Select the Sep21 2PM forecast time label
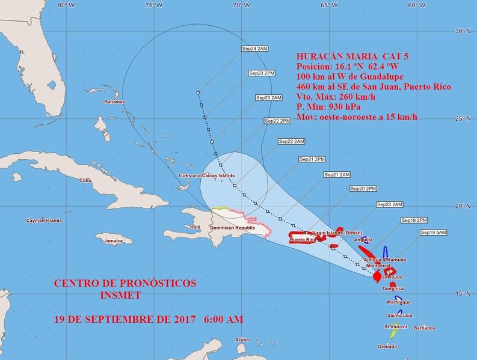[x=312, y=159]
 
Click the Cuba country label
[x=85, y=180]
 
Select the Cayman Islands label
[x=44, y=221]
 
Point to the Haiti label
[x=195, y=227]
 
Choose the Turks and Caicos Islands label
[x=206, y=175]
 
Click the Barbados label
[x=425, y=328]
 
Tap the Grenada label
[x=387, y=347]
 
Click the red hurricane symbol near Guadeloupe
[x=377, y=278]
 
